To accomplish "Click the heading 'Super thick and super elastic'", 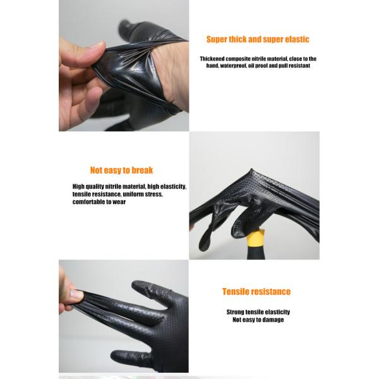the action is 258,39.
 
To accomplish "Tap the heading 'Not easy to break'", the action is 121,170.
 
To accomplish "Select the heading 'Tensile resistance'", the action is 256,291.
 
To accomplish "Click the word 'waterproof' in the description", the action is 233,66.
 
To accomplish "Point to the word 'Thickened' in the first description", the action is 212,59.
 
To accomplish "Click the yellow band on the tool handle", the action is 256,238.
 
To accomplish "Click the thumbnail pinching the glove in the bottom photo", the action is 76,294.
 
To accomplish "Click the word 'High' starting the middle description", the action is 78,186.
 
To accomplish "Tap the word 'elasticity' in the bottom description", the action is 277,312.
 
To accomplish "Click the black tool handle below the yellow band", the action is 256,252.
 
